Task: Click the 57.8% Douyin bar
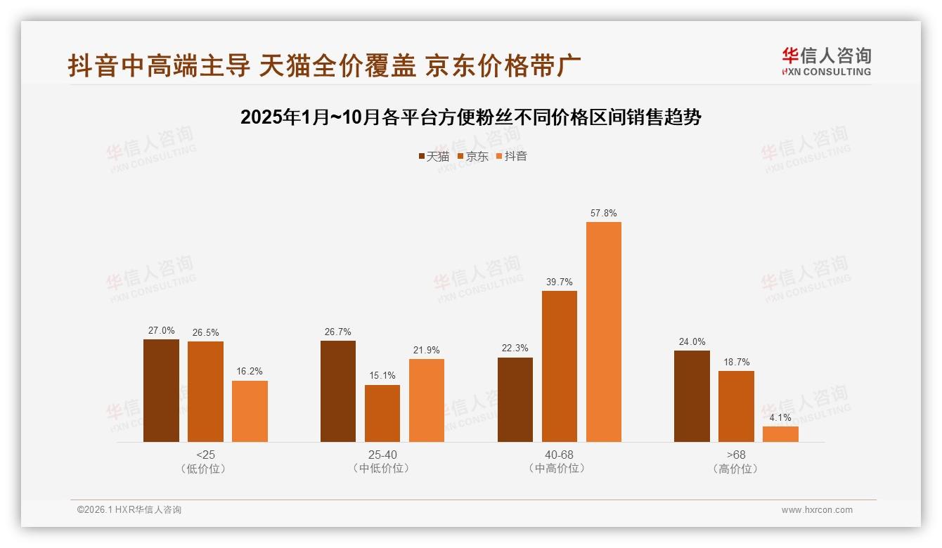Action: point(604,332)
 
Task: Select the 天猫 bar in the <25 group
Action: point(161,391)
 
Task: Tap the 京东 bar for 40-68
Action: point(560,366)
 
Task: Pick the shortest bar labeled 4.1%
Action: point(780,434)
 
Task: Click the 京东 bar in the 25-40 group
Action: point(382,413)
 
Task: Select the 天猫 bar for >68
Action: point(692,396)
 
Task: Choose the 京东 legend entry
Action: point(472,156)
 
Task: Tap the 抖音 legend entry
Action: point(511,156)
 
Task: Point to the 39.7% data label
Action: point(560,282)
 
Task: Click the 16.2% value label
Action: point(250,372)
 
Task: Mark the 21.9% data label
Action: point(427,350)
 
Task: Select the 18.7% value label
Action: point(736,362)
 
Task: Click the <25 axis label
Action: point(206,455)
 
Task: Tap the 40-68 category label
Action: point(560,455)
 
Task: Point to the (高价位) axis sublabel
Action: point(736,469)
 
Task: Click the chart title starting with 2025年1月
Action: point(470,117)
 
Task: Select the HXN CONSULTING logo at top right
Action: point(827,62)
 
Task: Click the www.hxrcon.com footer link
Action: point(817,510)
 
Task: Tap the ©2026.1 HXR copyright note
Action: point(129,510)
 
